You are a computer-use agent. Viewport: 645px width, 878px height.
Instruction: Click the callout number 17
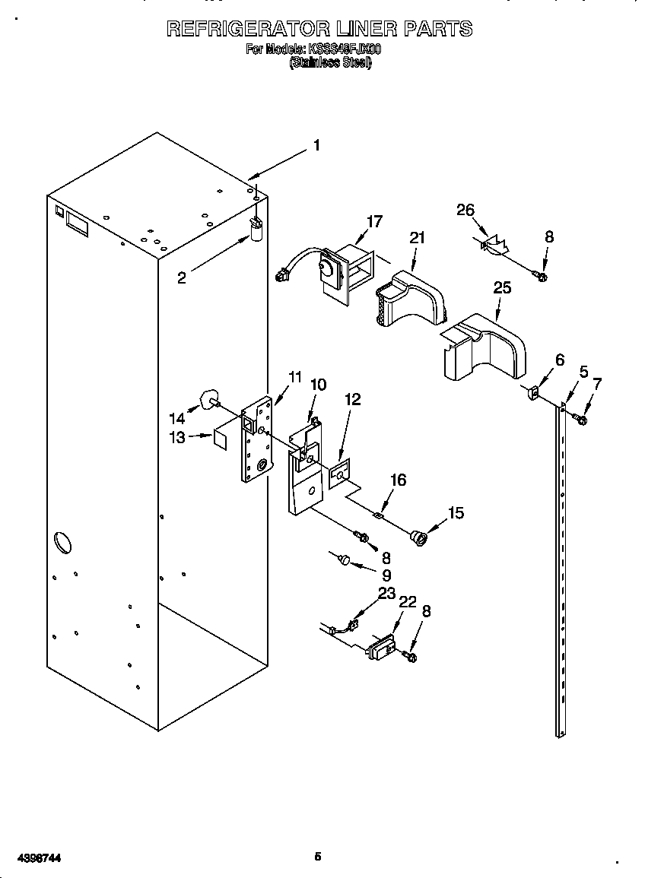click(x=373, y=221)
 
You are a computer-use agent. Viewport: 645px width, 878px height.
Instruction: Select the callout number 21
click(x=416, y=238)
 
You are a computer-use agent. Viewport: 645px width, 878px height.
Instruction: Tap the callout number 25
click(x=502, y=288)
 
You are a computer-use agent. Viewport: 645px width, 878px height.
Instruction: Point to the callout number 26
click(x=465, y=211)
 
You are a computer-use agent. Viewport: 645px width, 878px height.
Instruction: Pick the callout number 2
click(x=181, y=278)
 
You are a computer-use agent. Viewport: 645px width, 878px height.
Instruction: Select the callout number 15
click(x=456, y=513)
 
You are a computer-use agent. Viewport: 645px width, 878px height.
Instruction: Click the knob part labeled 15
click(x=418, y=538)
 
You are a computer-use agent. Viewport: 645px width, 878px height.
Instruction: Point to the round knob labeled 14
click(x=207, y=398)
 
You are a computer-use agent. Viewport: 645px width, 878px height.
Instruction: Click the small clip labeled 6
click(x=533, y=393)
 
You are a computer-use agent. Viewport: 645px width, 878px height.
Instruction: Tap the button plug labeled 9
click(x=344, y=560)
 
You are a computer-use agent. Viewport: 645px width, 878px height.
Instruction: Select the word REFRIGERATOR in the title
click(x=248, y=29)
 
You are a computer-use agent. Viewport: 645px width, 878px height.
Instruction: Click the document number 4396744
click(x=32, y=857)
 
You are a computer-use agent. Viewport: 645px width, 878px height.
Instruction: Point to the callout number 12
click(x=352, y=399)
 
